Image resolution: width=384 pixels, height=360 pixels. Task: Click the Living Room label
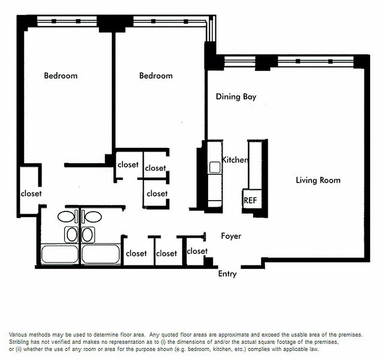318,180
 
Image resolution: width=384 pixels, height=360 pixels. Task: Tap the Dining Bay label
236,96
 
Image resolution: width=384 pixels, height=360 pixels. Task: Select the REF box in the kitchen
250,200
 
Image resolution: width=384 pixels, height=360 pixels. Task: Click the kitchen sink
214,167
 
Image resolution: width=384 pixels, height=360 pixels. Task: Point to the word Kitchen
235,160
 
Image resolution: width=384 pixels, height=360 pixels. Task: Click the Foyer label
231,236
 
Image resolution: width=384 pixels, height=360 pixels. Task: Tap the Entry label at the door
227,274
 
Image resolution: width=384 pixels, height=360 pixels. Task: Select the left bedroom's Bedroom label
60,76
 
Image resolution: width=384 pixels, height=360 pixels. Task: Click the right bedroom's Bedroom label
156,76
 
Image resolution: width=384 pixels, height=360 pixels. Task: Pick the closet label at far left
31,193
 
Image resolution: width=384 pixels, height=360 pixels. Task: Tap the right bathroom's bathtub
100,254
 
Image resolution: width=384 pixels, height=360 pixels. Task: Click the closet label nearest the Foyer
197,251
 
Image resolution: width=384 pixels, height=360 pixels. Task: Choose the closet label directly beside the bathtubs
136,253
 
